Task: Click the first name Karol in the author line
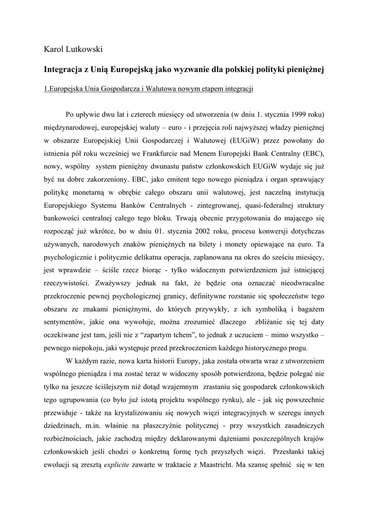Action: tap(55, 50)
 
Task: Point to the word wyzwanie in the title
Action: tap(194, 68)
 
